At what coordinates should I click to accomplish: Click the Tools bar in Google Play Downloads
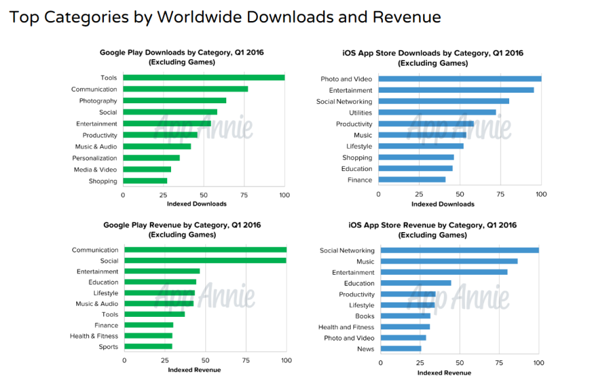pyautogui.click(x=204, y=78)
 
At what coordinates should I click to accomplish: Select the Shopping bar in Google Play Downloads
pyautogui.click(x=145, y=181)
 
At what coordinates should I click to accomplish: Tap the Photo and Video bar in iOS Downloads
pyautogui.click(x=460, y=79)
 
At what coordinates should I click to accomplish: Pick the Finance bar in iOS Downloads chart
pyautogui.click(x=412, y=179)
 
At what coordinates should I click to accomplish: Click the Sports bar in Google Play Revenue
pyautogui.click(x=148, y=346)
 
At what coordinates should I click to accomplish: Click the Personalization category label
pyautogui.click(x=95, y=158)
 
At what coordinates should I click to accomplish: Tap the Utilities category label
pyautogui.click(x=360, y=112)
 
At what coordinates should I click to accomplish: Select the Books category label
pyautogui.click(x=364, y=316)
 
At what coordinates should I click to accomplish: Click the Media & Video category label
pyautogui.click(x=95, y=170)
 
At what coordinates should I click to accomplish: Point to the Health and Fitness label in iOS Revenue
pyautogui.click(x=346, y=327)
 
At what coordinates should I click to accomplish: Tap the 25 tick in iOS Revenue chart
pyautogui.click(x=419, y=362)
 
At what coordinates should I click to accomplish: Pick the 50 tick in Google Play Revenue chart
pyautogui.click(x=205, y=360)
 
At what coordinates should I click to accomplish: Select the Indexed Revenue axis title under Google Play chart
pyautogui.click(x=194, y=369)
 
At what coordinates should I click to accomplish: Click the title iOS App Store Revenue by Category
pyautogui.click(x=433, y=226)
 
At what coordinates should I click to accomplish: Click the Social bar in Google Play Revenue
pyautogui.click(x=205, y=260)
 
